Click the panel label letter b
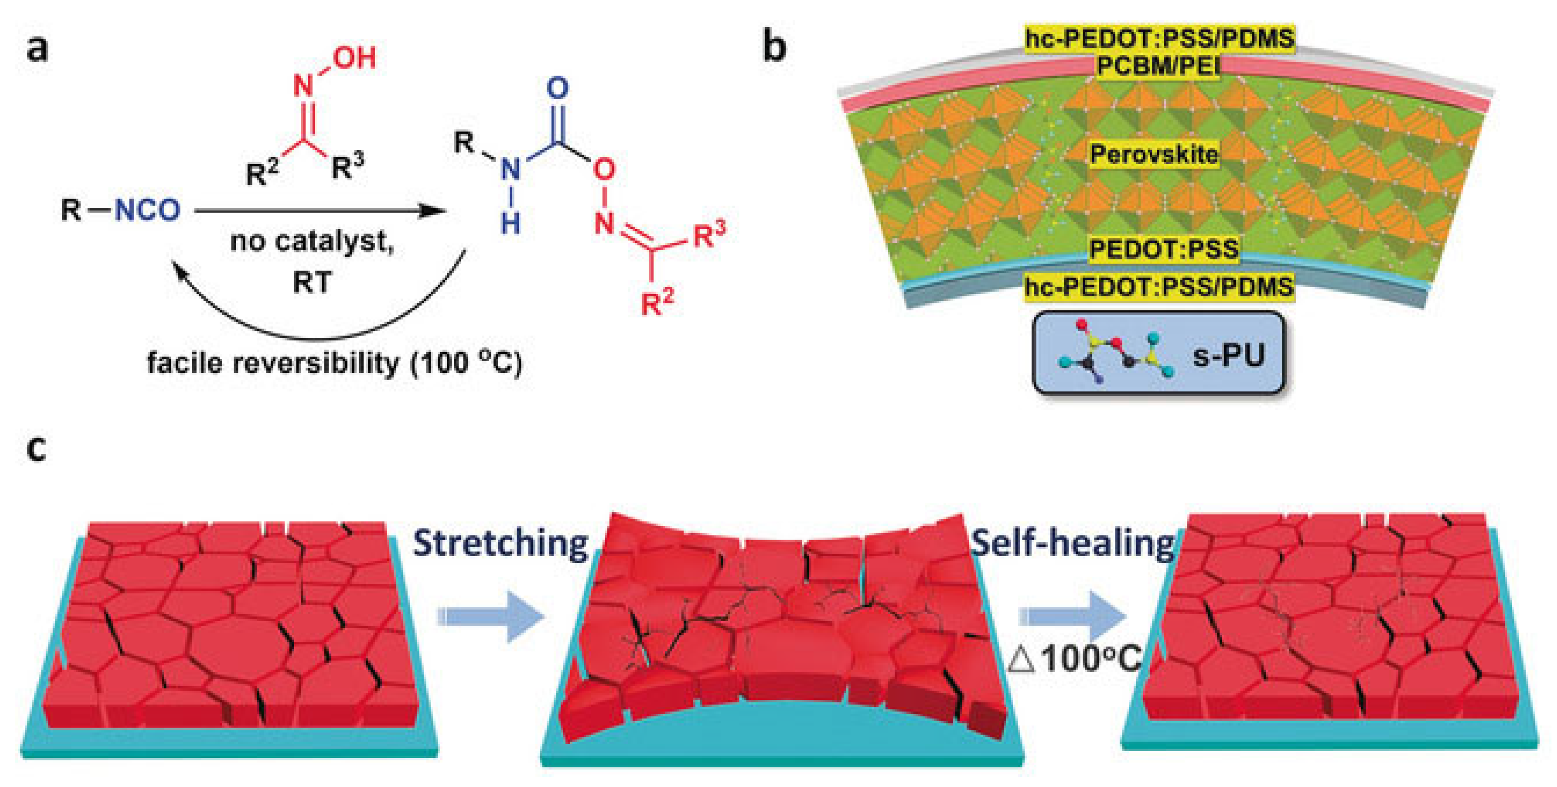point(775,47)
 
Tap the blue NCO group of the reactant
point(147,211)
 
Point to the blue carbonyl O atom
point(557,88)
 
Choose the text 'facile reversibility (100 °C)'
point(334,363)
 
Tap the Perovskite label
point(1154,154)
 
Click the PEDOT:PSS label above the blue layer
point(1163,249)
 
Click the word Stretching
point(501,543)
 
